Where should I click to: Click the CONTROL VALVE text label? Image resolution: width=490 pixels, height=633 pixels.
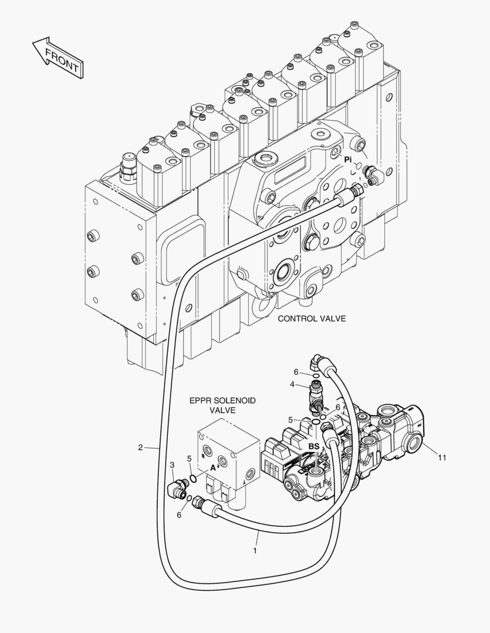(x=312, y=319)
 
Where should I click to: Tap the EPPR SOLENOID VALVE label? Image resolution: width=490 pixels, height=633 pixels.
(x=222, y=406)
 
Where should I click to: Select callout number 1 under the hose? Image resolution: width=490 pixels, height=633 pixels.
(x=255, y=551)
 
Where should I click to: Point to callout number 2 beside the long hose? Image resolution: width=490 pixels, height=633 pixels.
(x=140, y=448)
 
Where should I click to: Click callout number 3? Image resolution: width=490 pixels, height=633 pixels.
(x=173, y=465)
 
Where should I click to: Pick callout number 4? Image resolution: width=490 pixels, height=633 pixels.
(x=292, y=384)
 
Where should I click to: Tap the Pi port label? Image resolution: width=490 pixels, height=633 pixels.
(x=348, y=159)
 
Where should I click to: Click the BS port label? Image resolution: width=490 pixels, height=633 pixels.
(x=314, y=447)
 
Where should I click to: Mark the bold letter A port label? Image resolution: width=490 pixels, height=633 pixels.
(x=214, y=468)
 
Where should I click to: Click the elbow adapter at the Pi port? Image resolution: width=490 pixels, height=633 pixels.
(x=372, y=174)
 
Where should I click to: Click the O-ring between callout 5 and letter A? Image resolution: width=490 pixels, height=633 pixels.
(x=192, y=481)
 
